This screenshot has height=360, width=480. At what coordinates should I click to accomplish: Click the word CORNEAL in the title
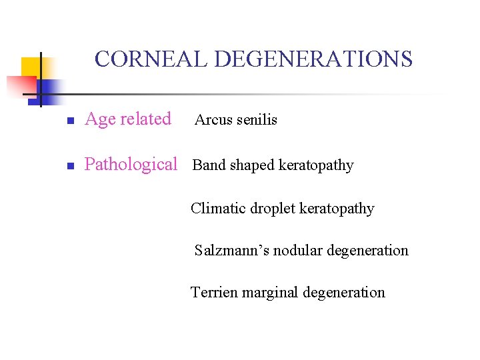[151, 59]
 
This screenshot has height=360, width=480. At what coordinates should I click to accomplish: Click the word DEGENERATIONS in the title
[313, 59]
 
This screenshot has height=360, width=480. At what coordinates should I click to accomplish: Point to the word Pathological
[131, 165]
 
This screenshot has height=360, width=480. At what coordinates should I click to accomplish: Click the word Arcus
[213, 121]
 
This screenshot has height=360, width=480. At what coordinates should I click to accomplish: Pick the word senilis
[257, 121]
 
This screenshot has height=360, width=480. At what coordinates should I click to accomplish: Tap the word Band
[209, 165]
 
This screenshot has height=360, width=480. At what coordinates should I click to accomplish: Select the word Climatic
[218, 209]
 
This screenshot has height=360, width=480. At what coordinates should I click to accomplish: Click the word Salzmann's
[227, 251]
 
